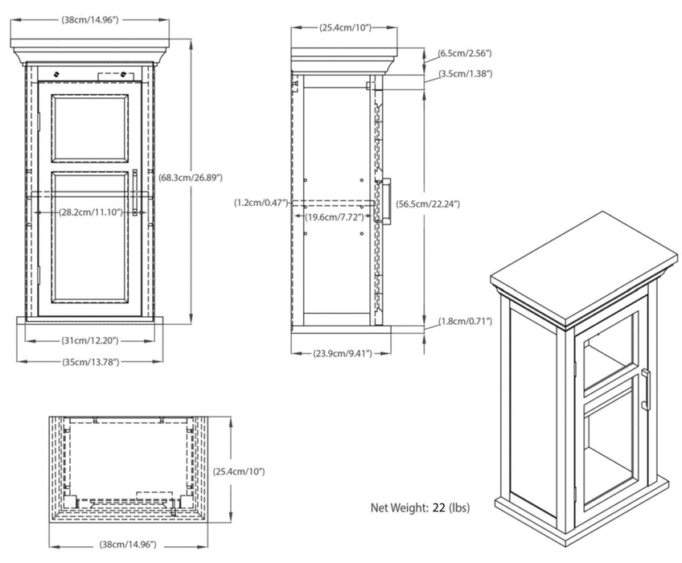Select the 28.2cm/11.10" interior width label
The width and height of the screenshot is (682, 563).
[x=88, y=212]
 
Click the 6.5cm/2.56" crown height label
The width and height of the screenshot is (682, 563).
[x=464, y=53]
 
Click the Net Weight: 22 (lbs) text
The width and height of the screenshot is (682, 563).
[x=420, y=508]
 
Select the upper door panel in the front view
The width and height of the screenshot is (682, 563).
[x=90, y=129]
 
